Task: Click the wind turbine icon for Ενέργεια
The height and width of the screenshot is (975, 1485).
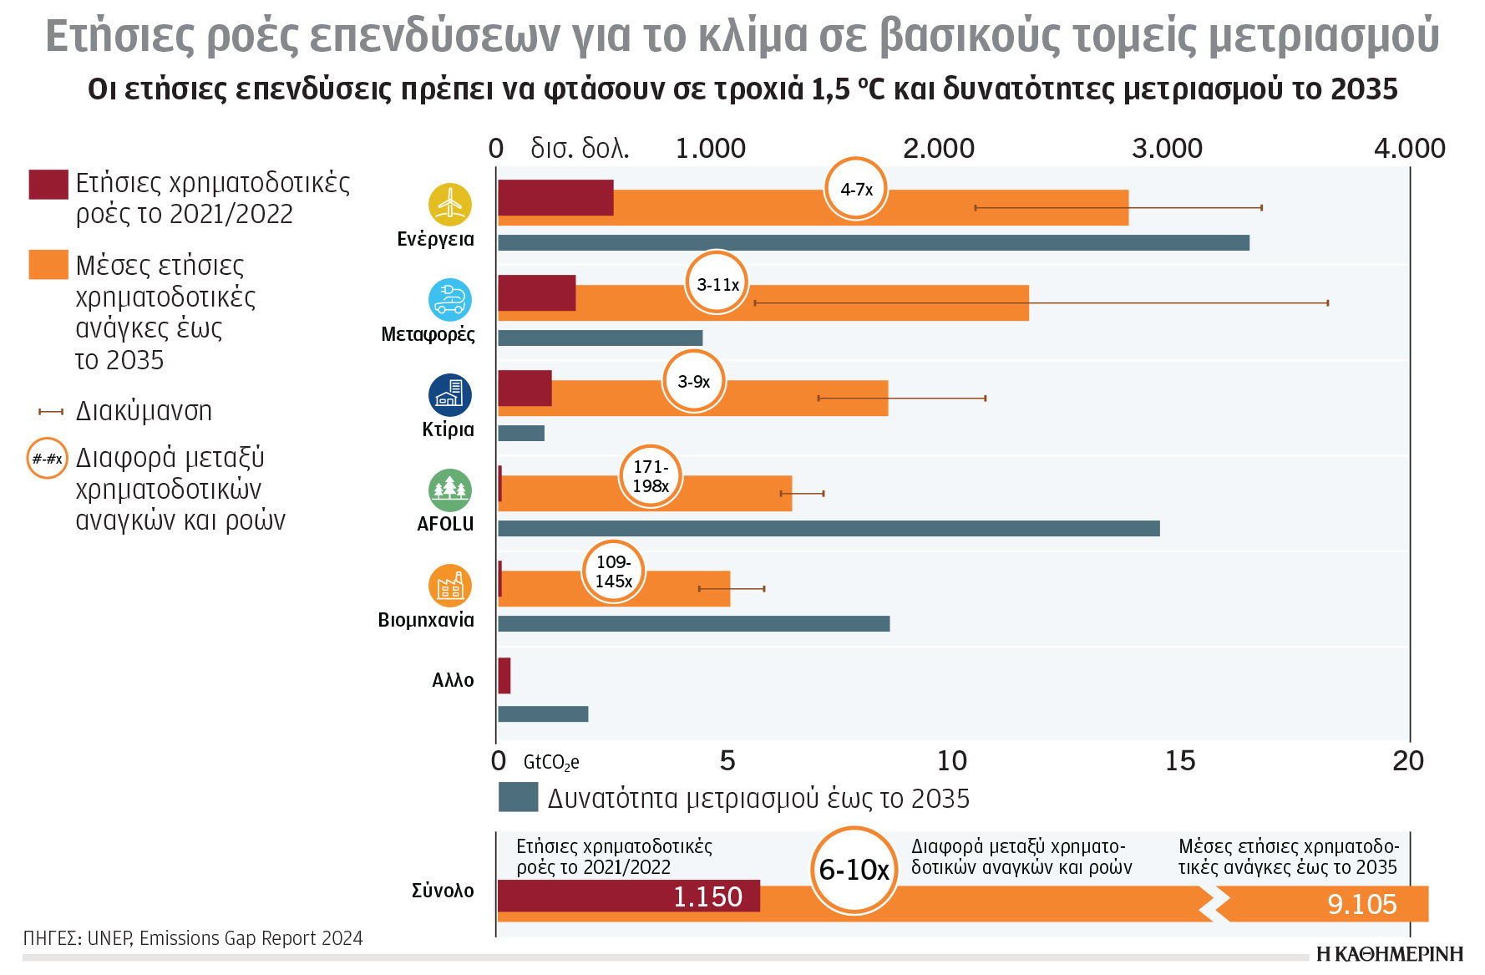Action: tap(449, 204)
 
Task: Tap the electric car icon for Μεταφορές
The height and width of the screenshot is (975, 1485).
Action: tap(449, 299)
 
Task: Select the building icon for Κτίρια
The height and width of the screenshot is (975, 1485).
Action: tap(449, 394)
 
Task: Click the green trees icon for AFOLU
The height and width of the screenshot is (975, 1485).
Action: tap(449, 490)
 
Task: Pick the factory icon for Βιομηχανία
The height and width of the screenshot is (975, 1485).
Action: tap(449, 586)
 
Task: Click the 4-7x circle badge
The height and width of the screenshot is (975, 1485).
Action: tap(855, 190)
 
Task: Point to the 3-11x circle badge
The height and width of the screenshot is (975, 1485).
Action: tap(717, 284)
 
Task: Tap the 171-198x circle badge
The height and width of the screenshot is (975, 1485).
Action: tap(651, 476)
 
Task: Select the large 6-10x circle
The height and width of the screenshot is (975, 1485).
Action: tap(854, 870)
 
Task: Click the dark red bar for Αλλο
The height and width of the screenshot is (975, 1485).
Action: tap(504, 675)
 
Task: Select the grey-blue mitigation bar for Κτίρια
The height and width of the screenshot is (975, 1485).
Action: tap(521, 433)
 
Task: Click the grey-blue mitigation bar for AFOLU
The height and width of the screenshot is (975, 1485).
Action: tap(828, 528)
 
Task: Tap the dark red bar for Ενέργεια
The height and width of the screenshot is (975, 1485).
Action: tap(555, 197)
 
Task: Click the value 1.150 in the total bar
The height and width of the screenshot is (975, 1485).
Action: tap(707, 896)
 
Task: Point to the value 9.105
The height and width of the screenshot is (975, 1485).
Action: tap(1361, 904)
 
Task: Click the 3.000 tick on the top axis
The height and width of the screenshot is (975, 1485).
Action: tap(1167, 149)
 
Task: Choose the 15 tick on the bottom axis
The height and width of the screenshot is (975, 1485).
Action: tap(1179, 760)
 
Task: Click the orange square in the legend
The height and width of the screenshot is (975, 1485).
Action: tap(48, 264)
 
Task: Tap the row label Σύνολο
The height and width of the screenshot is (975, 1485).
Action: tap(443, 891)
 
